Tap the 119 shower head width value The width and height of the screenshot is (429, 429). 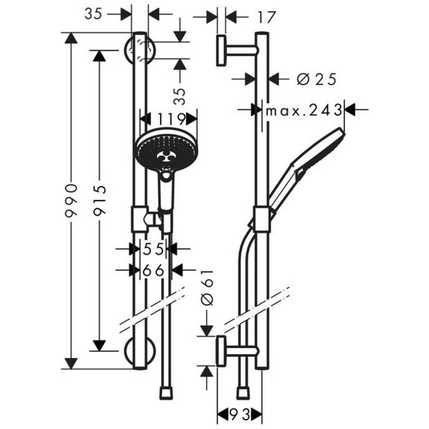click(x=170, y=118)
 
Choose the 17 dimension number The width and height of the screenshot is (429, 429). click(x=264, y=17)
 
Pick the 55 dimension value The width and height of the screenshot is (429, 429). click(x=152, y=249)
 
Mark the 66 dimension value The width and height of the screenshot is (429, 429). click(x=152, y=270)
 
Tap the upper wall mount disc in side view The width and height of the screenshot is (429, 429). click(x=221, y=50)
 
